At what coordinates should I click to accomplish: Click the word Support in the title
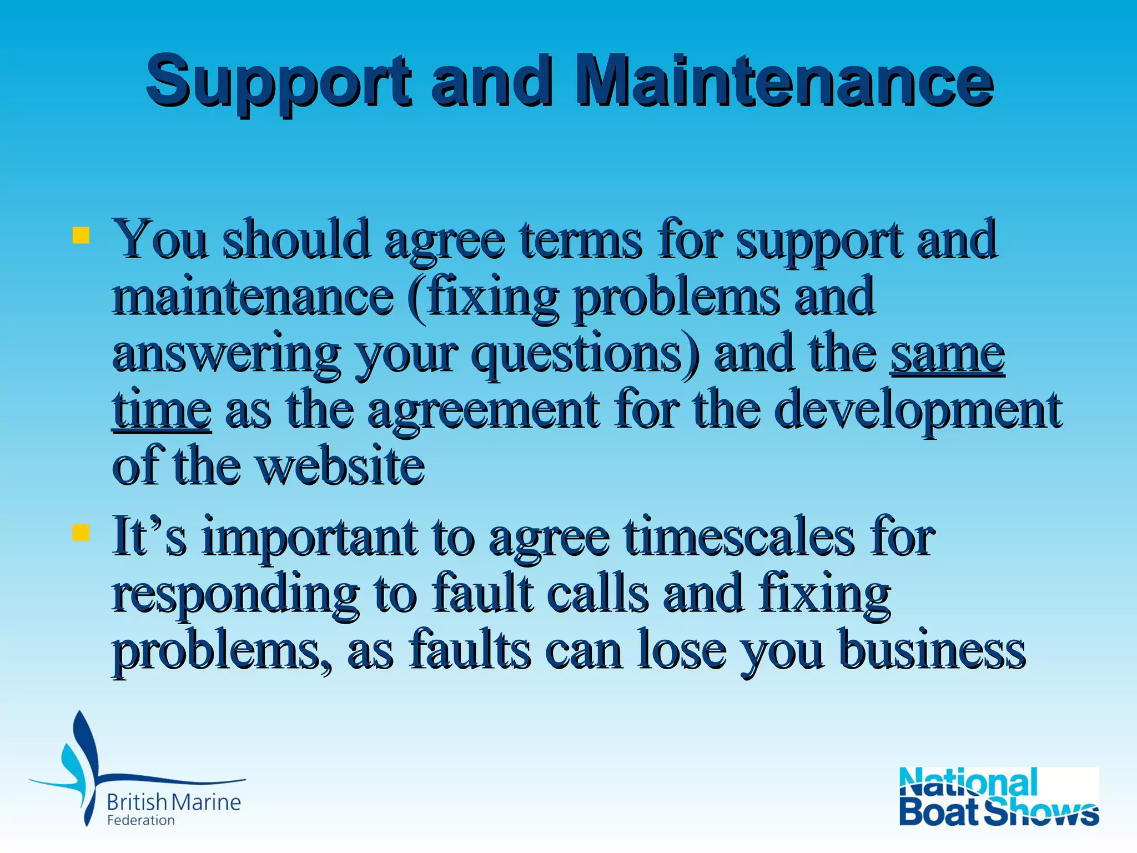pyautogui.click(x=278, y=82)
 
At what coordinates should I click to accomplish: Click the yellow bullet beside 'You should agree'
pyautogui.click(x=81, y=235)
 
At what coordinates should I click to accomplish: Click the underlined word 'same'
pyautogui.click(x=948, y=354)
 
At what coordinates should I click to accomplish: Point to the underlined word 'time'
pyautogui.click(x=162, y=411)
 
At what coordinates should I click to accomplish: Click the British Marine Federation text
pyautogui.click(x=173, y=809)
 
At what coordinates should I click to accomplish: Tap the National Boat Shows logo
pyautogui.click(x=998, y=796)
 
